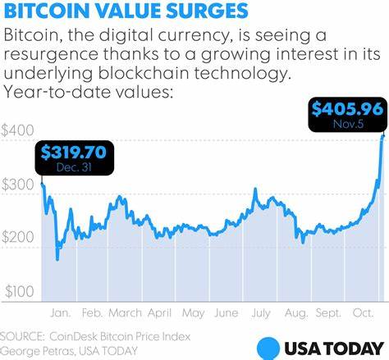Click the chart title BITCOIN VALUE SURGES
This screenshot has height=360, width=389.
tap(124, 12)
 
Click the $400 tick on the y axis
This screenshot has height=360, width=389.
tap(18, 130)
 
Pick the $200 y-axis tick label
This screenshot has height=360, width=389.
tap(18, 237)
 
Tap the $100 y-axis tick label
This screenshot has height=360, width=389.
tap(18, 291)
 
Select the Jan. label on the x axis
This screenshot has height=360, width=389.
tap(61, 312)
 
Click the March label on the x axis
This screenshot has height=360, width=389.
tap(126, 312)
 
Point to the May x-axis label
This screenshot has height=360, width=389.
tap(194, 312)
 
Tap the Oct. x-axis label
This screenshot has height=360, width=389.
tap(364, 312)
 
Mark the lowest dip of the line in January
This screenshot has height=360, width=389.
tap(57, 259)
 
